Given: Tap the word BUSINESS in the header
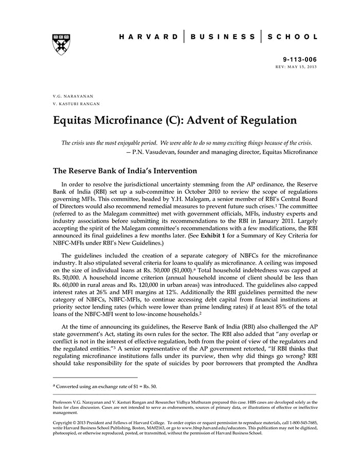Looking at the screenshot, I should coord(223,37).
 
